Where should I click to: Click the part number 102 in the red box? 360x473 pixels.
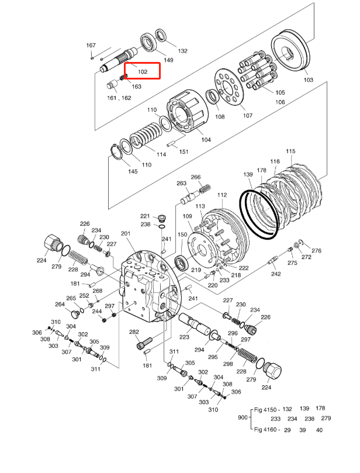[x=142, y=72]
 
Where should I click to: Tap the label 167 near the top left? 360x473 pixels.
[x=91, y=46]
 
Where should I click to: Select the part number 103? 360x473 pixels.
[x=308, y=80]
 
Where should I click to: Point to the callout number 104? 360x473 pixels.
[x=205, y=140]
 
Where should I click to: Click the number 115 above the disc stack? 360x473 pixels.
[x=290, y=152]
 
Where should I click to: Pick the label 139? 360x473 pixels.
[x=248, y=175]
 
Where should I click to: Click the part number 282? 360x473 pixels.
[x=134, y=332]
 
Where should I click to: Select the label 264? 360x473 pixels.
[x=60, y=305]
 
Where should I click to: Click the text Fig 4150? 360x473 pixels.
[x=265, y=409]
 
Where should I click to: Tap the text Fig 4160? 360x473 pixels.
[x=265, y=430]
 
